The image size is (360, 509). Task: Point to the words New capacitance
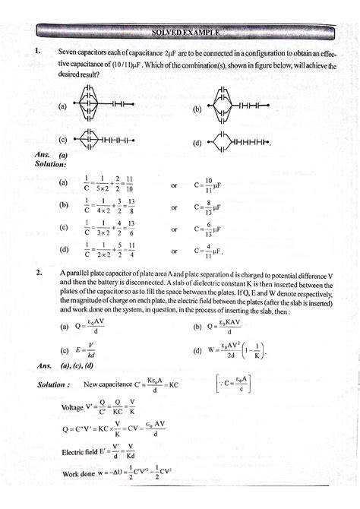tap(109, 384)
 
